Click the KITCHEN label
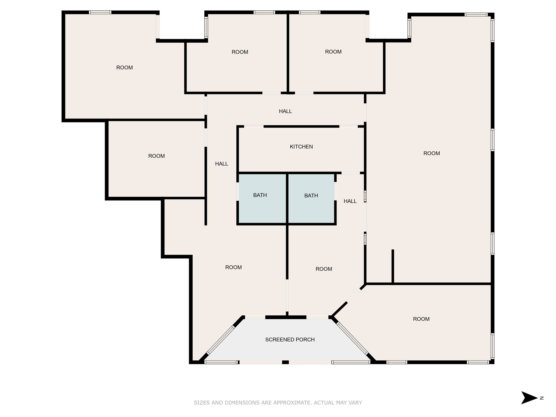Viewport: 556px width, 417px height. pos(301,147)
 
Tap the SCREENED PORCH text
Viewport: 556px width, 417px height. pos(290,340)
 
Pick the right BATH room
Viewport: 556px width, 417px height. pos(311,199)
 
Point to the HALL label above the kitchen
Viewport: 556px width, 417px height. pos(285,111)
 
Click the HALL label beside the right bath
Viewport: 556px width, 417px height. pos(350,201)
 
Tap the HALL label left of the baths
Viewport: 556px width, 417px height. pos(222,164)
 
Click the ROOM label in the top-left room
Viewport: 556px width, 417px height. pos(124,68)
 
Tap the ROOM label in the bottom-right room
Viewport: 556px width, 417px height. pos(421,319)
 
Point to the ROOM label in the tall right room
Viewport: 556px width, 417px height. pos(432,153)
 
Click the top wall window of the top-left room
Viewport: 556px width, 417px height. pos(100,12)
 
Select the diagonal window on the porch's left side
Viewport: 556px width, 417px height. pos(220,340)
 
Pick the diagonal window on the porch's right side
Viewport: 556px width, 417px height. pos(353,338)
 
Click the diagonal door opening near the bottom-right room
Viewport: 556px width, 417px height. pos(354,295)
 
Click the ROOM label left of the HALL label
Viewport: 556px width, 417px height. pos(156,156)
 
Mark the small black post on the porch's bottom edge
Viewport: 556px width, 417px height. pos(285,362)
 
